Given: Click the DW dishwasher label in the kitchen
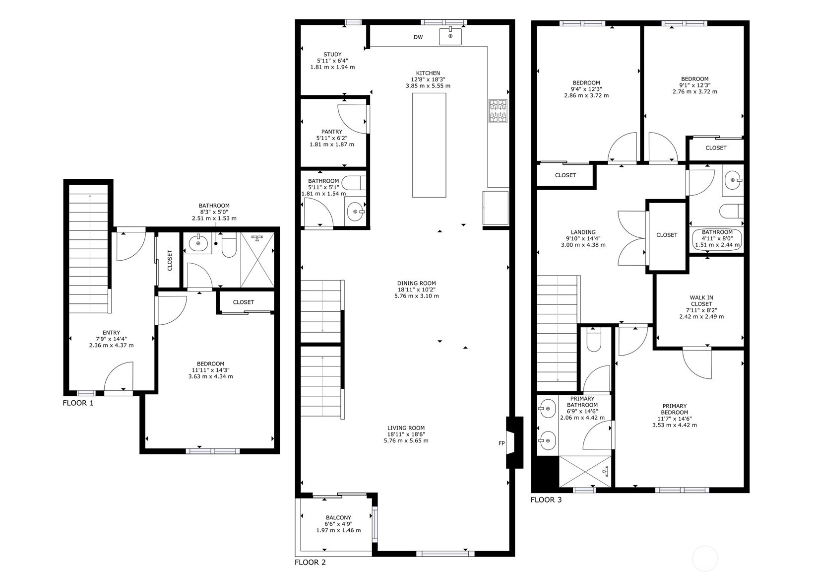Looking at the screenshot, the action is (x=418, y=37).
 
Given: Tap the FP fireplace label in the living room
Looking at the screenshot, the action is (x=502, y=443).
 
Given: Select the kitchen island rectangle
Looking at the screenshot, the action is (x=429, y=145).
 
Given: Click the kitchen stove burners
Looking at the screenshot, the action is (x=498, y=111).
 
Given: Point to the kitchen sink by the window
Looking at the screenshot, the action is (x=450, y=36).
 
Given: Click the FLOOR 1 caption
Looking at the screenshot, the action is (x=78, y=403).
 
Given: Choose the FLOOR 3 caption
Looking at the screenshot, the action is (x=546, y=500).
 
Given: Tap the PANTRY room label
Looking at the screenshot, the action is (x=332, y=132).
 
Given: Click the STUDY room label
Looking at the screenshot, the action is (x=333, y=55).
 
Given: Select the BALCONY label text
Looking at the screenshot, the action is (x=338, y=517).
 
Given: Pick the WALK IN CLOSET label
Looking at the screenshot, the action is (x=701, y=300).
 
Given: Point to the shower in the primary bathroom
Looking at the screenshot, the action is (x=585, y=471).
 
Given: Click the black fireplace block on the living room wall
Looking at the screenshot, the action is (x=514, y=442).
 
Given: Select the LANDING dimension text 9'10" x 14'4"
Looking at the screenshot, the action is (x=583, y=238).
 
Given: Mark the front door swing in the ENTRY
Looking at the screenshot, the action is (x=119, y=376).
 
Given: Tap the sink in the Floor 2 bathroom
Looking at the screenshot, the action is (x=355, y=212).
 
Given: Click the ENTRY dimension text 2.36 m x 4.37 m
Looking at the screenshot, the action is (x=111, y=345).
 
